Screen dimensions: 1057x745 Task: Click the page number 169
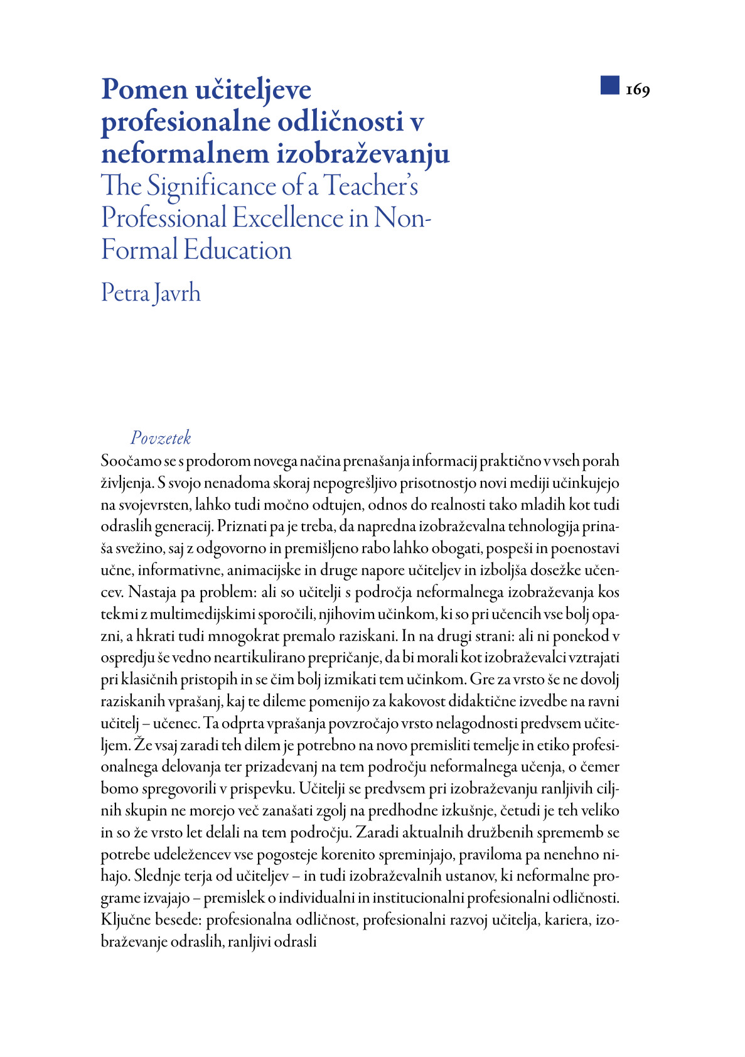coord(638,90)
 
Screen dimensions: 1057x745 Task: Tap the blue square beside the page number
coord(609,85)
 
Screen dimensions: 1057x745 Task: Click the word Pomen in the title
coord(144,90)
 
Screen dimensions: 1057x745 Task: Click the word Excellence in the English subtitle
coord(288,218)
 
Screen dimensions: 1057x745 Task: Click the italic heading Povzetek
coord(161,438)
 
